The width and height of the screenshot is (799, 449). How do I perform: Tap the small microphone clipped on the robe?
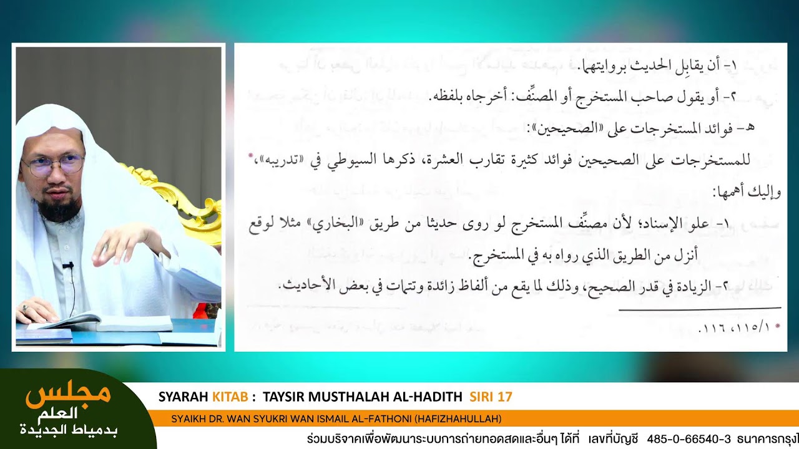click(68, 266)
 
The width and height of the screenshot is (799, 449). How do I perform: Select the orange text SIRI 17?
click(491, 397)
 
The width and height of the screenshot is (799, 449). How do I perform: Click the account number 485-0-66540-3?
click(689, 439)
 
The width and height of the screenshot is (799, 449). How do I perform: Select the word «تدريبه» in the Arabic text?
click(271, 160)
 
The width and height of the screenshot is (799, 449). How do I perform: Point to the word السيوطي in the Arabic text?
click(367, 160)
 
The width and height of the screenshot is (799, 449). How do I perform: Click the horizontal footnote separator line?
click(699, 308)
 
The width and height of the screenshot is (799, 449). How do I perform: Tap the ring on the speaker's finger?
click(24, 307)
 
